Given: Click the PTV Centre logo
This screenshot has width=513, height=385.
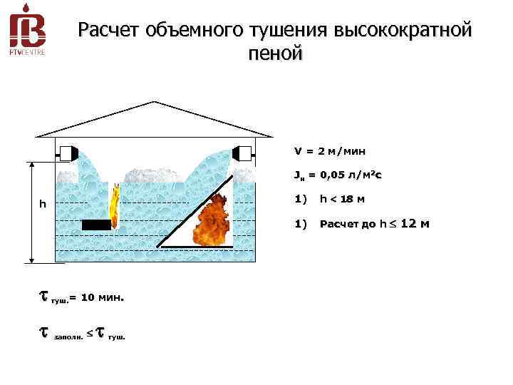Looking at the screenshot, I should [x=27, y=32].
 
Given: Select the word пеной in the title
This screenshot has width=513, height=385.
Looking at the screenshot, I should [x=276, y=53].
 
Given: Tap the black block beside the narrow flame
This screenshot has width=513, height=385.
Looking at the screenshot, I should [x=96, y=225].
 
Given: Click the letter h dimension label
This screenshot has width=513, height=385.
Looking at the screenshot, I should [x=43, y=205].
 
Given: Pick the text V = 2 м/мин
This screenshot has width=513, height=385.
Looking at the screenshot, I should [x=330, y=151].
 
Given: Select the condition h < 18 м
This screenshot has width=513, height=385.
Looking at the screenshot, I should [x=343, y=199].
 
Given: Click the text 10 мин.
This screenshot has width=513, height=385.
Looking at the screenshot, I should [x=103, y=297].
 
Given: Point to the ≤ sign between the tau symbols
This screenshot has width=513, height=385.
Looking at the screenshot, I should [x=88, y=333].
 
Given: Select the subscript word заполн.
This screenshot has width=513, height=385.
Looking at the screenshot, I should [x=67, y=337].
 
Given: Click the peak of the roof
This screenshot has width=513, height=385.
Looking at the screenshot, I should [x=154, y=102].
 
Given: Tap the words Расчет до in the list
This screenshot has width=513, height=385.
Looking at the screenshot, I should [x=348, y=224].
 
